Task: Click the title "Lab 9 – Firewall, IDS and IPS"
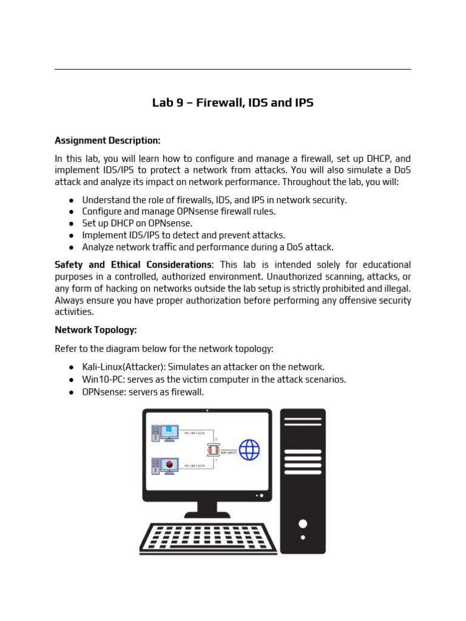coord(233,103)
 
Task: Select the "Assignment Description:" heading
coord(107,141)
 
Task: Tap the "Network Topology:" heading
coord(96,331)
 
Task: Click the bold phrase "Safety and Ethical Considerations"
coord(133,265)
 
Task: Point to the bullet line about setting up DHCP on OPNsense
coord(137,223)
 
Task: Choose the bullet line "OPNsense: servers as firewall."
coord(143,392)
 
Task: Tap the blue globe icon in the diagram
coord(249,450)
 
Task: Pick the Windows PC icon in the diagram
coord(166,432)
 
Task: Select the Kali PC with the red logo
coord(166,466)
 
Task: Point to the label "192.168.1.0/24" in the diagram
coord(195,433)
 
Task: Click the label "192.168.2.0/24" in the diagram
coord(195,466)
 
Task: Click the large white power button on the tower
coord(303,523)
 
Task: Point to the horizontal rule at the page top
coord(233,69)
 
